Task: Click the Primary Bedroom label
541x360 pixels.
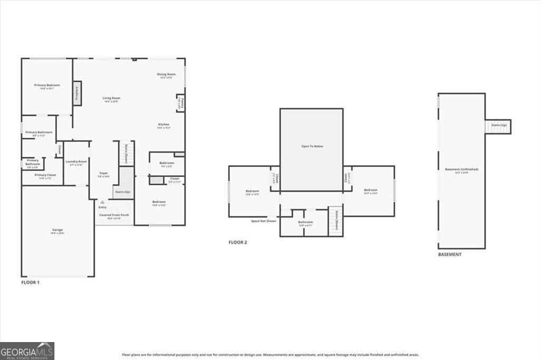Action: point(47,86)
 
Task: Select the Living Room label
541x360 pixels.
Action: point(111,98)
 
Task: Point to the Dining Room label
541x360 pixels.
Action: point(166,74)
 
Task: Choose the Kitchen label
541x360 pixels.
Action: point(164,125)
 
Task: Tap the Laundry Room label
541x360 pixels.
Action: point(76,162)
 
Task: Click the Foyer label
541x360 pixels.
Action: point(104,174)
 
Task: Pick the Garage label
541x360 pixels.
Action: point(58,231)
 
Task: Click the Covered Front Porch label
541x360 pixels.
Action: point(114,215)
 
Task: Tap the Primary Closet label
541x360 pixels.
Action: point(45,175)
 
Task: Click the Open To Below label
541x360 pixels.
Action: point(312,146)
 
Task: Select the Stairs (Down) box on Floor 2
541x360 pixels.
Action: point(335,221)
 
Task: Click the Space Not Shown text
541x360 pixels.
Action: point(263,221)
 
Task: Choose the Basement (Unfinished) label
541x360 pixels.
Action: point(461,169)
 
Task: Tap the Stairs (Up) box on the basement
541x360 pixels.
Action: point(499,126)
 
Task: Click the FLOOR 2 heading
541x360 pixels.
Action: point(238,242)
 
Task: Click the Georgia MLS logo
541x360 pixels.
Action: point(27,351)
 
